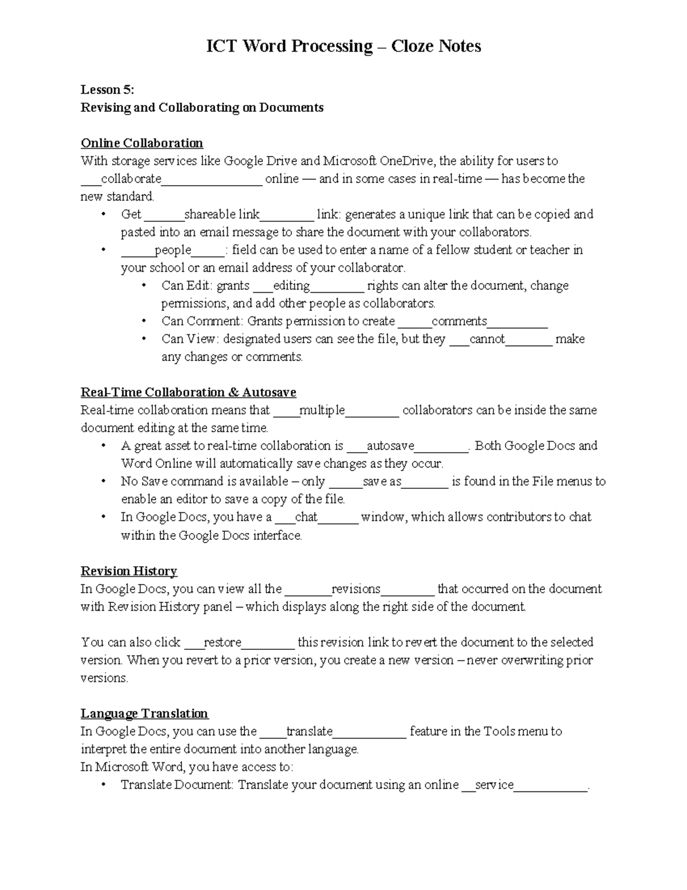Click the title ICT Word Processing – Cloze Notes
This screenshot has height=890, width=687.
click(x=343, y=46)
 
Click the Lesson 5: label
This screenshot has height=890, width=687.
click(x=107, y=89)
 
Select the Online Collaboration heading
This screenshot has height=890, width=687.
click(x=142, y=143)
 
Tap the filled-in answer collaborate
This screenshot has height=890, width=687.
click(x=131, y=179)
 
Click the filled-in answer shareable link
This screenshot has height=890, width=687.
click(x=222, y=214)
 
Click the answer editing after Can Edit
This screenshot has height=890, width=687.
click(x=291, y=285)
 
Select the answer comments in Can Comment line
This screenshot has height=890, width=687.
click(x=459, y=321)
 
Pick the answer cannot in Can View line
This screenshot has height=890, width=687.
click(x=487, y=339)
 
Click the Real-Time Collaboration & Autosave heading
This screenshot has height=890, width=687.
click(x=188, y=393)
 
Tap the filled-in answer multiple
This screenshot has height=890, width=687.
click(x=322, y=410)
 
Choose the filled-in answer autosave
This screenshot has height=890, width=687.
click(x=390, y=446)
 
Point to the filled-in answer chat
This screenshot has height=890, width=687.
click(x=306, y=517)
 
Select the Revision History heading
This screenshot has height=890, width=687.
click(x=129, y=571)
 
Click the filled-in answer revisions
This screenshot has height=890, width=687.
click(x=356, y=589)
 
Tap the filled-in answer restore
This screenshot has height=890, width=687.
click(x=223, y=642)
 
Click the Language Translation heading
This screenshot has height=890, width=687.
click(x=144, y=713)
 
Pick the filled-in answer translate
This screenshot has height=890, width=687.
click(x=309, y=731)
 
